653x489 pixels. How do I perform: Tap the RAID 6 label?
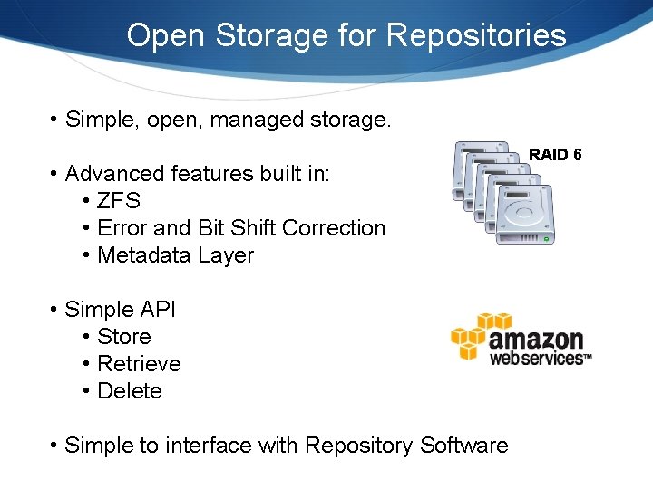click(555, 155)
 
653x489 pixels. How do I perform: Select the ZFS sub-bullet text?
click(119, 201)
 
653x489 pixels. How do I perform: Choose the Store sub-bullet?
click(123, 337)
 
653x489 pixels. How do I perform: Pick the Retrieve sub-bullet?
click(139, 364)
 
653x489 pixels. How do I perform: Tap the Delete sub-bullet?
click(129, 391)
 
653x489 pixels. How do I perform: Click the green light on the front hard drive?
click(546, 238)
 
